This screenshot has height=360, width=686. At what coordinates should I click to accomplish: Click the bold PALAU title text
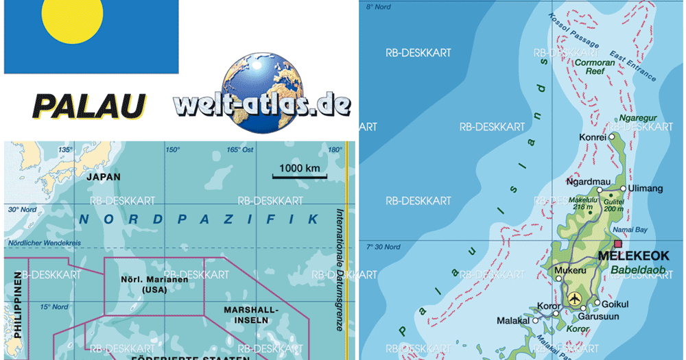(90, 106)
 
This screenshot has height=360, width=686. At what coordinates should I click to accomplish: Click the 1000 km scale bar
(299, 177)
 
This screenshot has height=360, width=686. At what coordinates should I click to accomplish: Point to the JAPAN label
(104, 177)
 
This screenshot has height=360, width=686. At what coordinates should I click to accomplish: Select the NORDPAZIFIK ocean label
(199, 219)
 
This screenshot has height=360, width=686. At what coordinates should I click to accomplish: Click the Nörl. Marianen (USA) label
(154, 285)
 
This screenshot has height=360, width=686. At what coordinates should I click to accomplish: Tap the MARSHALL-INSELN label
(251, 315)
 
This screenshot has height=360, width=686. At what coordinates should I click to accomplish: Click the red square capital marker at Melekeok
(618, 243)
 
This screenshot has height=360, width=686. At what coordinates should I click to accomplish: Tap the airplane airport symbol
(573, 298)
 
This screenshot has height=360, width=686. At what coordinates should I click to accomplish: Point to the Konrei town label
(592, 137)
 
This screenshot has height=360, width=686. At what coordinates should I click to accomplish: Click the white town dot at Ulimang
(624, 188)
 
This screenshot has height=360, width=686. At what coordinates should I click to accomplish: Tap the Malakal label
(514, 320)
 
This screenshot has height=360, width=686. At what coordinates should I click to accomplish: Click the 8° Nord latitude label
(378, 7)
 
